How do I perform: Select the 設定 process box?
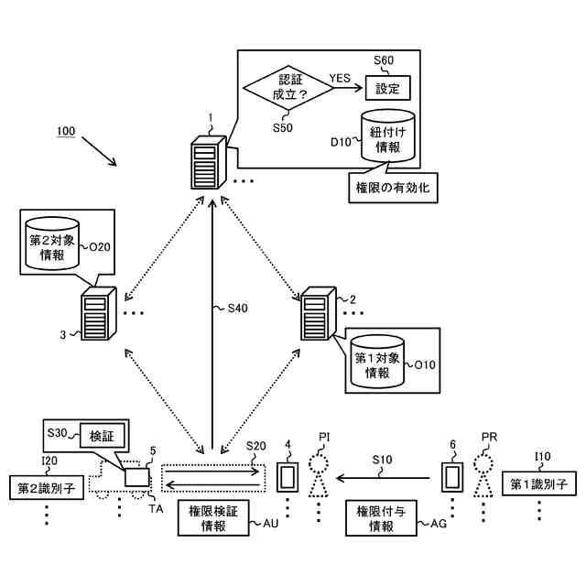coord(387,88)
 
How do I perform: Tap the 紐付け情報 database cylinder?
coord(387,137)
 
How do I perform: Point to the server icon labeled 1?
coord(206,162)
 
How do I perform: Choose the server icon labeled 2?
coord(318,312)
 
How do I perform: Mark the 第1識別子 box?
coord(540,483)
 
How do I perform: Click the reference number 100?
coord(66,132)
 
